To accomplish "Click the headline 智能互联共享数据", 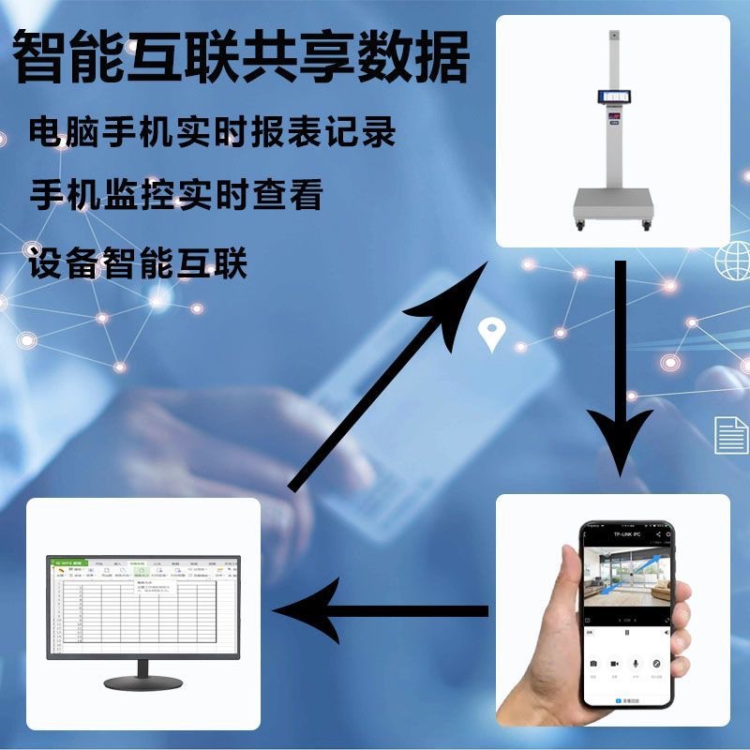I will click(x=241, y=59).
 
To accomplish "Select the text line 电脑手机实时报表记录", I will click(x=212, y=132).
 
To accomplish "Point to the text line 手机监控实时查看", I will click(x=176, y=196).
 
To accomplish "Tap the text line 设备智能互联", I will click(x=138, y=263).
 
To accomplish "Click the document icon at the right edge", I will click(x=729, y=435).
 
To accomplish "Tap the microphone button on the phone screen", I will click(x=636, y=664).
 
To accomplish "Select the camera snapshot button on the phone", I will click(x=593, y=664).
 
